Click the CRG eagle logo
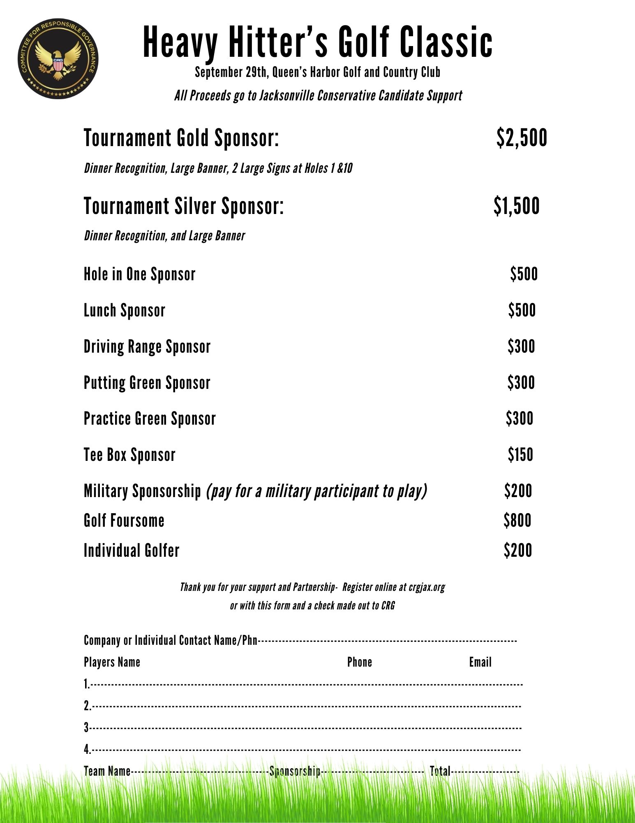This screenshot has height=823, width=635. (x=58, y=58)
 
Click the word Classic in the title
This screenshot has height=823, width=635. (x=446, y=42)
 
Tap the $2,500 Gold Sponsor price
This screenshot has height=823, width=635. (x=522, y=137)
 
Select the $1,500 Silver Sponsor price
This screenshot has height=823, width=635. (x=516, y=206)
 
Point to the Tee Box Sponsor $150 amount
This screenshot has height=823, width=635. (x=520, y=455)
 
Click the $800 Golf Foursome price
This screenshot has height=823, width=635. (x=517, y=521)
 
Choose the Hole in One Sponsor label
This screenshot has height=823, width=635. (x=139, y=274)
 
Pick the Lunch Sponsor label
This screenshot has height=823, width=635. (x=124, y=310)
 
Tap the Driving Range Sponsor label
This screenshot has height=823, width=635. (x=147, y=346)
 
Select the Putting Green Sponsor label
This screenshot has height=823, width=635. (x=147, y=383)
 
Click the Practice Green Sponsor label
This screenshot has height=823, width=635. (x=150, y=418)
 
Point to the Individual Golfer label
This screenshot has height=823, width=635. (x=132, y=551)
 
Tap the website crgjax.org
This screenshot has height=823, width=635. (x=427, y=587)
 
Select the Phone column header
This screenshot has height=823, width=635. (x=359, y=662)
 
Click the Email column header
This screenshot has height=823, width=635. (x=480, y=662)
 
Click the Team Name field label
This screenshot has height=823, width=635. (x=107, y=771)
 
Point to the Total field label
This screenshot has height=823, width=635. (x=440, y=771)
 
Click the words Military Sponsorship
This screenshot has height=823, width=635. (x=142, y=491)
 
